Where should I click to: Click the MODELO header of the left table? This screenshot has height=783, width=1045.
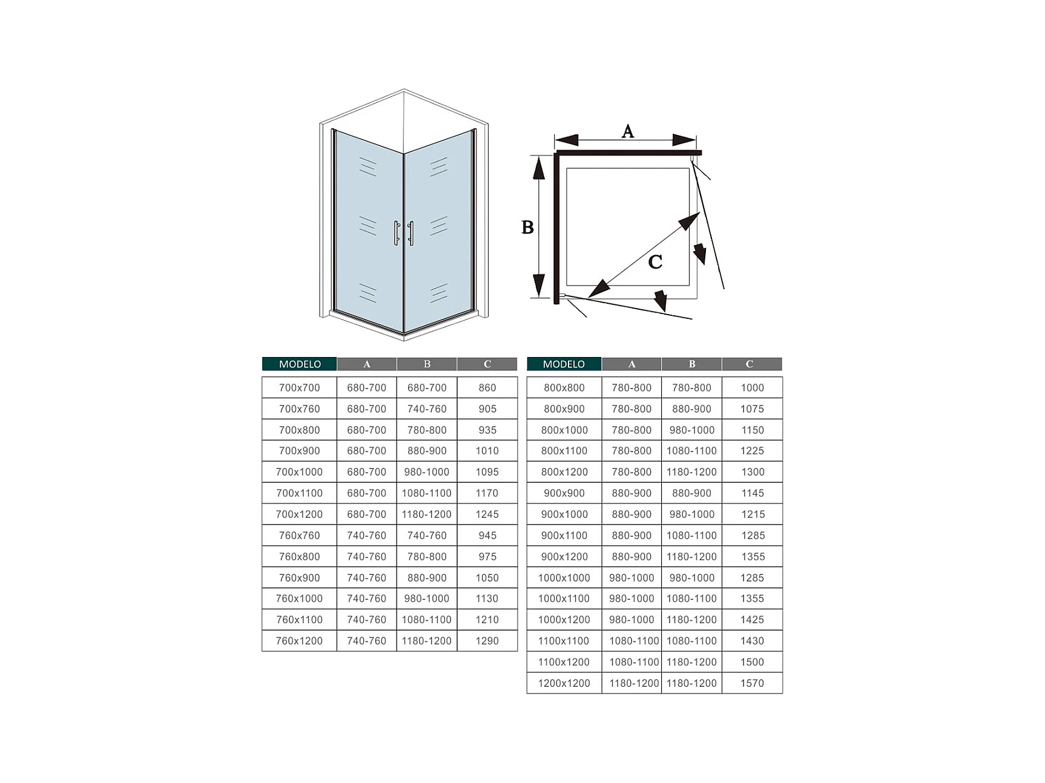pos(300,364)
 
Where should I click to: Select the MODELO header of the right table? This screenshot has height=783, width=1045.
pos(564,364)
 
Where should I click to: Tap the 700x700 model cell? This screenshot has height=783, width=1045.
pos(299,388)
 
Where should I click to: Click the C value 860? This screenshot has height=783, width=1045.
pos(487,388)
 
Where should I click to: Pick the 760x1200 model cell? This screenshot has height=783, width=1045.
pos(299,641)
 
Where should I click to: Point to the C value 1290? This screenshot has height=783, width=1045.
pos(487,641)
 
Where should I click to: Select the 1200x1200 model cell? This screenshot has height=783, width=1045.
pos(564,683)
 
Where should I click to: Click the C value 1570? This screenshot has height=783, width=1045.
pos(752,683)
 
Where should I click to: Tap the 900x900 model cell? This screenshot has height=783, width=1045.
pos(564,493)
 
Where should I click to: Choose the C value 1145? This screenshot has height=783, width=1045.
pos(752,493)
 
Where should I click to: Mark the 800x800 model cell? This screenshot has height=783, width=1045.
pos(564,388)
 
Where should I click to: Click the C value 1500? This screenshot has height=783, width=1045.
pos(752,662)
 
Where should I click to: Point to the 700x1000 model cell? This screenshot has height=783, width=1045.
pos(299,472)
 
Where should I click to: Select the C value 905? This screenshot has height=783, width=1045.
pos(487,409)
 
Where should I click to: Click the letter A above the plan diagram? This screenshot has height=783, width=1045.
pos(628,131)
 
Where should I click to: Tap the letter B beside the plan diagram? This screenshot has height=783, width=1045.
pos(527,228)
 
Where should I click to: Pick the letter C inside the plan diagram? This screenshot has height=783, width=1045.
pos(655,262)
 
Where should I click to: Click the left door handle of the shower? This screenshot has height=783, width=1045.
pos(397,233)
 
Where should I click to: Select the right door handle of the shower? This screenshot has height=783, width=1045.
pos(410,233)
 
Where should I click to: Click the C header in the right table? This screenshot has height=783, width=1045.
pos(750,364)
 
